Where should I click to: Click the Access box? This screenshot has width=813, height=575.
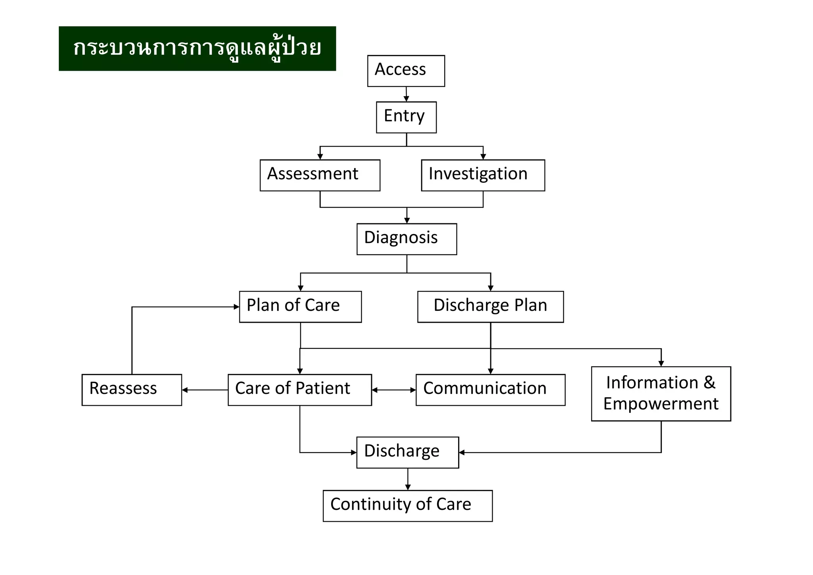click(x=406, y=71)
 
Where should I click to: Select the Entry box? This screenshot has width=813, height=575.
click(x=406, y=117)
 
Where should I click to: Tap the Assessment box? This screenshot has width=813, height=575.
click(x=320, y=175)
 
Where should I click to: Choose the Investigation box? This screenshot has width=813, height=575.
click(x=483, y=175)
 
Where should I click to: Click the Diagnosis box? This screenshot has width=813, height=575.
click(x=406, y=239)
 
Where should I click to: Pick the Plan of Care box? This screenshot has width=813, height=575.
click(x=300, y=307)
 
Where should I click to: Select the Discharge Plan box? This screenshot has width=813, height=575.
click(x=490, y=307)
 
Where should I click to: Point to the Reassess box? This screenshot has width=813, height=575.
click(x=131, y=390)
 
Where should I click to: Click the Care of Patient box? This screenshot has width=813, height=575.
click(x=300, y=390)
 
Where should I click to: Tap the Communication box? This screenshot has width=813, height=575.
click(x=490, y=390)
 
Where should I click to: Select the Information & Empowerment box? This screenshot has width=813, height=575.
click(x=661, y=393)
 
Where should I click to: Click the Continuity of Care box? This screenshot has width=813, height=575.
click(x=408, y=505)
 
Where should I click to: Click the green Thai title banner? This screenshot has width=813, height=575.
click(x=197, y=48)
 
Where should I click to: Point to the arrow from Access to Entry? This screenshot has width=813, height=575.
click(x=406, y=94)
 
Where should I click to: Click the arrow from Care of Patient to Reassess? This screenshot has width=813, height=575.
click(x=205, y=390)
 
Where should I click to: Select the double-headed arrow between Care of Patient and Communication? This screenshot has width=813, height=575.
click(x=394, y=390)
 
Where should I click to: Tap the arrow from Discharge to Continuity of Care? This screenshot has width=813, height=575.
click(x=408, y=479)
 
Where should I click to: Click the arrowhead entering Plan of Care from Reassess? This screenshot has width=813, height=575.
click(x=237, y=307)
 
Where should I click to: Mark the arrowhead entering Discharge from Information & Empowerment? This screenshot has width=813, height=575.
click(x=462, y=452)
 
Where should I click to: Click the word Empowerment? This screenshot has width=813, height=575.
click(x=661, y=404)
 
